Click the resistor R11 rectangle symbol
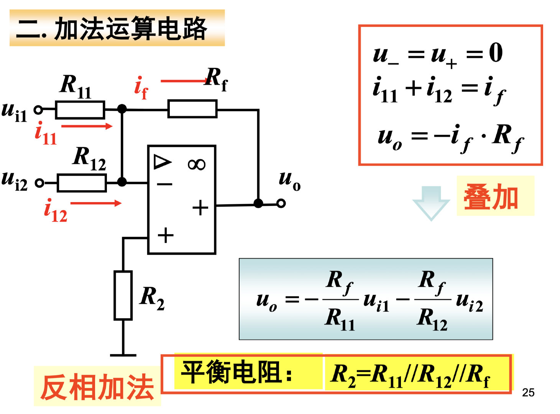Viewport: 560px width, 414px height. pyautogui.click(x=80, y=110)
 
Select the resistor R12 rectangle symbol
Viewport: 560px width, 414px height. pyautogui.click(x=82, y=183)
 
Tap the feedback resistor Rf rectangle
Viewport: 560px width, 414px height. pyautogui.click(x=192, y=109)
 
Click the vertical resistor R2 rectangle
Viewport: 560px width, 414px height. pyautogui.click(x=123, y=295)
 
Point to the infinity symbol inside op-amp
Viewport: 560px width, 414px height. pyautogui.click(x=197, y=164)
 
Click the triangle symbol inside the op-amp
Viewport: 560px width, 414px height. pyautogui.click(x=162, y=162)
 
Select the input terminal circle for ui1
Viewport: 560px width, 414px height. pyautogui.click(x=38, y=110)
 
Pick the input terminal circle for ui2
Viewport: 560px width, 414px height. pyautogui.click(x=39, y=183)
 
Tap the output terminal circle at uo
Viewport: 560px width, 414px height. pyautogui.click(x=281, y=203)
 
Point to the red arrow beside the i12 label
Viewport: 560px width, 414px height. pyautogui.click(x=96, y=203)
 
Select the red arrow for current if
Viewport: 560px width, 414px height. pyautogui.click(x=184, y=81)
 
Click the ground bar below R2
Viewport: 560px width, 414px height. pyautogui.click(x=123, y=355)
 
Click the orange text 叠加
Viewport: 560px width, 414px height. pyautogui.click(x=491, y=197)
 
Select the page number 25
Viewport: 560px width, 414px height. pyautogui.click(x=528, y=393)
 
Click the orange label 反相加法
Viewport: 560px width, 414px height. pyautogui.click(x=97, y=387)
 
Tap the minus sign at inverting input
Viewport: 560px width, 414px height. pyautogui.click(x=165, y=184)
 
